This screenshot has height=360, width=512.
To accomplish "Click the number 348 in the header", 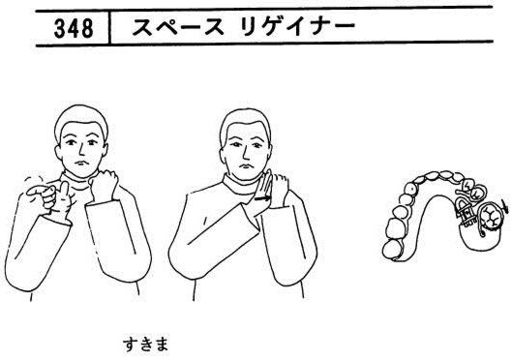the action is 74,28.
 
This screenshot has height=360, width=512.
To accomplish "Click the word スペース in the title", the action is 178,27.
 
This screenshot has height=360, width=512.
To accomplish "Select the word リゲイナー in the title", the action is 296,27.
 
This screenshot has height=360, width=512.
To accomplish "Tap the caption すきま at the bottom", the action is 145,345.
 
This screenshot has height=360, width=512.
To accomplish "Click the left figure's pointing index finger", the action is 38,191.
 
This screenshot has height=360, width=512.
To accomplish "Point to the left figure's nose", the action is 79,150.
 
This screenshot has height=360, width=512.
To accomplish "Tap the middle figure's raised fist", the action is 280,191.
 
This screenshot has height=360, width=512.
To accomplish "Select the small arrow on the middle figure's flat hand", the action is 262,197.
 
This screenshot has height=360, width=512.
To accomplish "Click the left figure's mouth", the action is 81,163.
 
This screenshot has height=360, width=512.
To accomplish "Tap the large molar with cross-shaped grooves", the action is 490,217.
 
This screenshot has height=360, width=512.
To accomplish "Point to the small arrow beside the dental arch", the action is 505,207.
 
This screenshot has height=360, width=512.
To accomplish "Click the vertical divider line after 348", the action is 109,27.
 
